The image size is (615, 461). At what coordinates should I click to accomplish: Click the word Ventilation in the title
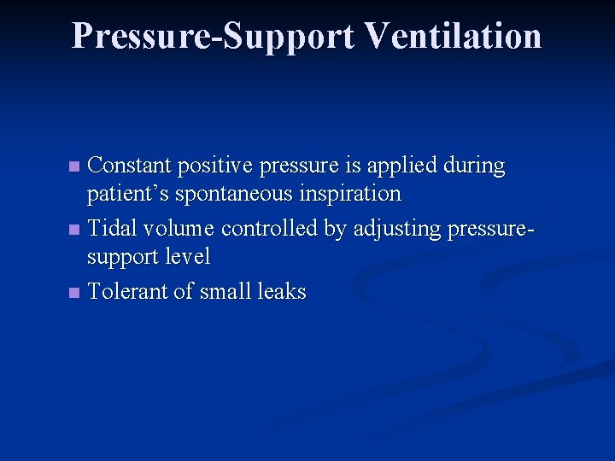453,36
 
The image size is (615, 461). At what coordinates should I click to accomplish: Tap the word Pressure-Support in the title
213,36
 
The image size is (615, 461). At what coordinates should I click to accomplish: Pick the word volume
179,228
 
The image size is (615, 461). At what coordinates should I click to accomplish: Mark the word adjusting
393,229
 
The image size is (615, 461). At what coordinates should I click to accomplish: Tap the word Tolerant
127,291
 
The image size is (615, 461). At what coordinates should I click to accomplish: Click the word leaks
281,291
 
